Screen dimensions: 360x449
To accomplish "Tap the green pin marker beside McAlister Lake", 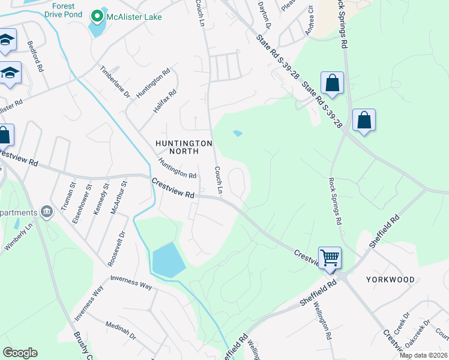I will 96,16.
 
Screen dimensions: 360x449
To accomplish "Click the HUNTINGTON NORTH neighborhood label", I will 184,148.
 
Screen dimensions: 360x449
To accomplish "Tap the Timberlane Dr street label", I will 115,82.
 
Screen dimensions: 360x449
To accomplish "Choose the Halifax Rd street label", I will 164,102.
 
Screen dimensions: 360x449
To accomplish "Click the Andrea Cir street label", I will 310,21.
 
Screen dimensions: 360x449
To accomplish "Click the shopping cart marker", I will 330,257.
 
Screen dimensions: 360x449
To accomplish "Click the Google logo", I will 20,353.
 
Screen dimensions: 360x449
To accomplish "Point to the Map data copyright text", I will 423,355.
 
